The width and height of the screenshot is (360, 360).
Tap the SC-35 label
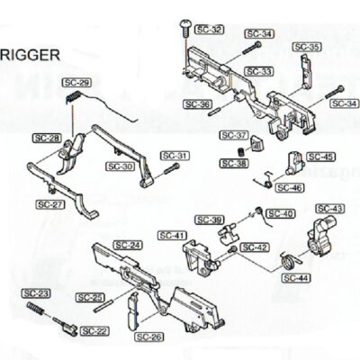coord(307,47)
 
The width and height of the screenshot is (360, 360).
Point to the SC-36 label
coord(197,104)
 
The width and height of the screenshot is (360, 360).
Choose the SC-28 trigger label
coord(46,138)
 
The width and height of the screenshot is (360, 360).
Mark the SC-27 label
coord(50,204)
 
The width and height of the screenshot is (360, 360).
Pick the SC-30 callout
coord(120,166)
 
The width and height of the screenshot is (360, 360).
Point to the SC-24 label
coord(129,245)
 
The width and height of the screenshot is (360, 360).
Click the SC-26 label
coord(149,337)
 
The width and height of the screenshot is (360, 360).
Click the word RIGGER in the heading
coord(31,53)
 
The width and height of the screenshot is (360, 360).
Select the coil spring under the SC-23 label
coord(37,309)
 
